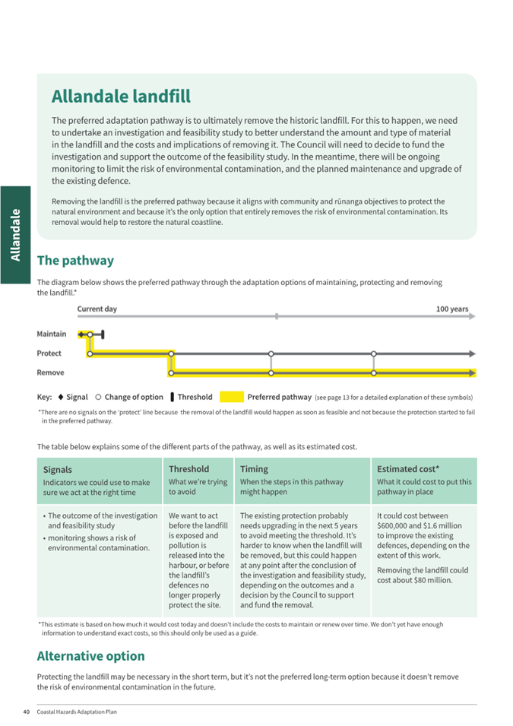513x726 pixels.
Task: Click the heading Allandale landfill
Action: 121,97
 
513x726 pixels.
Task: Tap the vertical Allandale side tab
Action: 15,236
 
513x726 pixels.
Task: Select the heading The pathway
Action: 75,260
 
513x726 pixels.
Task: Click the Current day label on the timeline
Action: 97,309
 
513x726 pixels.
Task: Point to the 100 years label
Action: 452,309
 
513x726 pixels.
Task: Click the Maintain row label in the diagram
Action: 52,334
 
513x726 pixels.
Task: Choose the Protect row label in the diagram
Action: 49,353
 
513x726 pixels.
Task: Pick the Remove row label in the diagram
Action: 51,373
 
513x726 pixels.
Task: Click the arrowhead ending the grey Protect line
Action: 473,353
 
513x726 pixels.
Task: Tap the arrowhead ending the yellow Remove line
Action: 473,373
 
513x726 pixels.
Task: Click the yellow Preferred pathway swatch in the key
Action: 232,397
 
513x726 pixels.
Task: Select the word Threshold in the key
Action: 195,397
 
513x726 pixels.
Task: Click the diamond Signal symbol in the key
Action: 60,397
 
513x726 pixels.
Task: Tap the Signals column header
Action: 58,470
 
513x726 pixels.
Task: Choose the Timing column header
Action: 254,469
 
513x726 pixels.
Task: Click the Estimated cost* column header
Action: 408,469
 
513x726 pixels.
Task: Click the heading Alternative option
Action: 90,655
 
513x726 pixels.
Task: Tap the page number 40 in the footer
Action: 26,712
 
